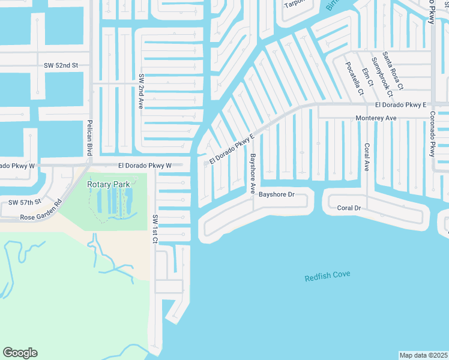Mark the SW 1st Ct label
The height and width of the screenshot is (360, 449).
point(155,229)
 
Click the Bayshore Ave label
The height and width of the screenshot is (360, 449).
point(253,173)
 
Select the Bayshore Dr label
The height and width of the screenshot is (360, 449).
point(277,194)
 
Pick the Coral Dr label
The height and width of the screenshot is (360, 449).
point(348,208)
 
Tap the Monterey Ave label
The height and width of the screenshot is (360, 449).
point(376,118)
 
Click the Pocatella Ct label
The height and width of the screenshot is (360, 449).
point(354,79)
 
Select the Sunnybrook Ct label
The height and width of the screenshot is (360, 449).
point(381,77)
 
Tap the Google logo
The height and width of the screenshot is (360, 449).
point(20,353)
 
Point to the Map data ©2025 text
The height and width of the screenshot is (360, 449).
point(423,355)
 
